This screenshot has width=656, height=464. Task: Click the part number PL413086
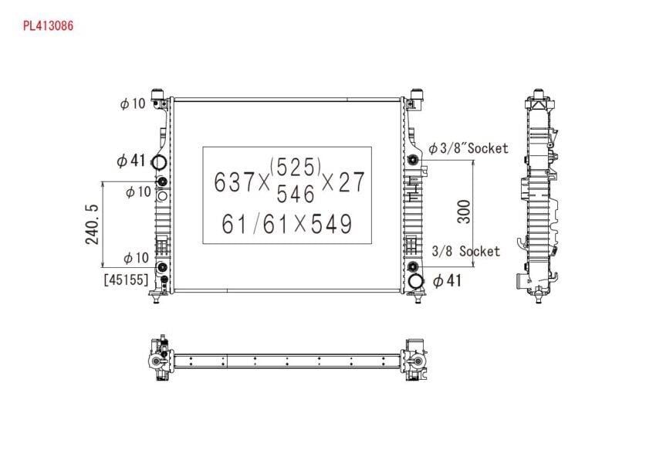(x=48, y=26)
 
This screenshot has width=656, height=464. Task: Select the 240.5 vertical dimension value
(x=92, y=224)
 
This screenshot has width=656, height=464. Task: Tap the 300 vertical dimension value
(x=464, y=212)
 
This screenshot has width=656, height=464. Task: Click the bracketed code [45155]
(x=126, y=279)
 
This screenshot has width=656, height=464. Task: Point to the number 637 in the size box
(x=235, y=181)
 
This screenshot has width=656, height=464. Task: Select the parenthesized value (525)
(x=296, y=167)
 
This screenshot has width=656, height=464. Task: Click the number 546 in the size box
(x=296, y=194)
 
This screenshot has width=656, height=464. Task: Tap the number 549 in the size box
(x=331, y=224)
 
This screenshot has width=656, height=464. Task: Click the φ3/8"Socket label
(x=468, y=148)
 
